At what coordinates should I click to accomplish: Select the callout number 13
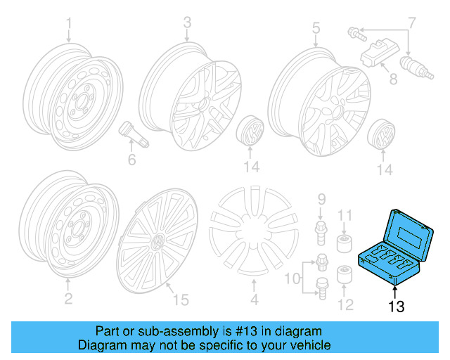(x=397, y=307)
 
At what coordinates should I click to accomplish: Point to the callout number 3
(x=187, y=23)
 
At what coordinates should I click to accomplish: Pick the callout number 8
(x=393, y=79)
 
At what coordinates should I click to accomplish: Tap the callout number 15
(x=181, y=300)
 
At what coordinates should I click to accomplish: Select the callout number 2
(x=68, y=300)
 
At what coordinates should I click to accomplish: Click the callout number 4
(x=255, y=300)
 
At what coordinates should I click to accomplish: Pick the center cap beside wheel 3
(x=251, y=131)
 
